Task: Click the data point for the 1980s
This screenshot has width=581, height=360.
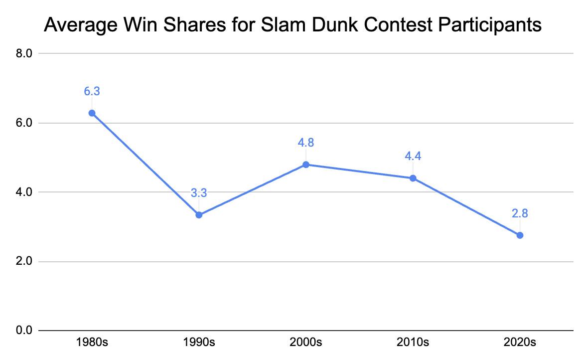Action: tap(92, 113)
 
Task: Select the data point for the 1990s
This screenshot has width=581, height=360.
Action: tap(199, 215)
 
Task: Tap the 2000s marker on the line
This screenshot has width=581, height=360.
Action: tap(306, 165)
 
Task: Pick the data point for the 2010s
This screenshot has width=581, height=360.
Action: tap(413, 178)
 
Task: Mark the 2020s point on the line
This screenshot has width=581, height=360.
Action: tap(520, 235)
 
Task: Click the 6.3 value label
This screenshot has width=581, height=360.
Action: tap(92, 91)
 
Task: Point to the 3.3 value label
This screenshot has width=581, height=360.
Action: tap(199, 193)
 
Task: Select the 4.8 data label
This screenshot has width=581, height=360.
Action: tap(306, 143)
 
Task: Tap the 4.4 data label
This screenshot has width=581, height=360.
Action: tap(413, 156)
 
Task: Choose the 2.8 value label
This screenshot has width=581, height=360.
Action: tap(520, 213)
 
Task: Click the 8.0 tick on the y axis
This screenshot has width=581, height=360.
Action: tap(24, 53)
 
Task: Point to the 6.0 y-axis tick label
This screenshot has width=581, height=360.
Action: tap(24, 123)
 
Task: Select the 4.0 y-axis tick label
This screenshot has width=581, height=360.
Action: tap(24, 192)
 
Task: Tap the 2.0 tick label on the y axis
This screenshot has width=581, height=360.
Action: tap(24, 261)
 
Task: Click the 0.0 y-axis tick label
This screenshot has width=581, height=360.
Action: tap(24, 331)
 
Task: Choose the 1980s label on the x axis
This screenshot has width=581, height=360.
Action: tap(92, 343)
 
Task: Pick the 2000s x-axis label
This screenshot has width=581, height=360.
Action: tap(306, 343)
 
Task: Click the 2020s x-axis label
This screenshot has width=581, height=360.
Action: tap(520, 343)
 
